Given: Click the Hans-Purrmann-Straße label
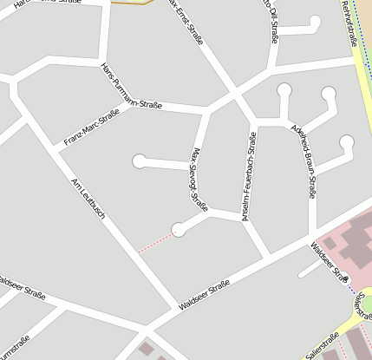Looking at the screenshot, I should pyautogui.click(x=131, y=88).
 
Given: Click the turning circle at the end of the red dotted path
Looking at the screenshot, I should pyautogui.click(x=179, y=229).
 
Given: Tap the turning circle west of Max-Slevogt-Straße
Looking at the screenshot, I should pyautogui.click(x=139, y=160).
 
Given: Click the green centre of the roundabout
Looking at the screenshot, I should pyautogui.click(x=368, y=304).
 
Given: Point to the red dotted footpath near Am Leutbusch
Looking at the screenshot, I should pyautogui.click(x=156, y=241).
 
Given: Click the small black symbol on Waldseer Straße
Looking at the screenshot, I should pyautogui.click(x=346, y=278).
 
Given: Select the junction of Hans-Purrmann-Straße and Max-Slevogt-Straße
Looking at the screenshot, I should pyautogui.click(x=206, y=111).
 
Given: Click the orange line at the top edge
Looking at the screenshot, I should pyautogui.click(x=130, y=3).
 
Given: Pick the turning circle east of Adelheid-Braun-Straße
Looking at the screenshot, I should pyautogui.click(x=347, y=142).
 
